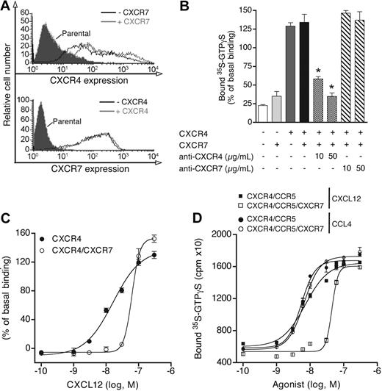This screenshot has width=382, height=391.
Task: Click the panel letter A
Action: pos(7,7)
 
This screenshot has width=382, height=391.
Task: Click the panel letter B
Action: pos(203,7)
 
